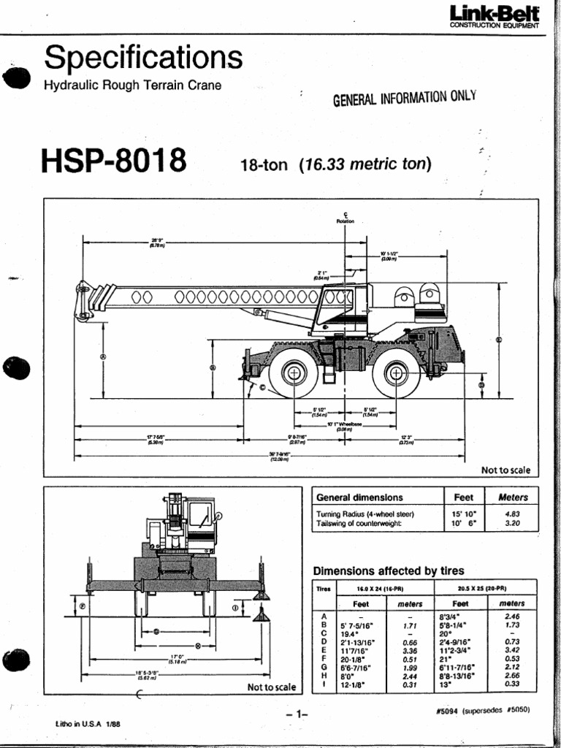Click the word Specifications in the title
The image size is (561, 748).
[x=143, y=57]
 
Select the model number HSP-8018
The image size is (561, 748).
[x=115, y=161]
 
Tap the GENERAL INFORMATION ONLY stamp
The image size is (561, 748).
[x=404, y=98]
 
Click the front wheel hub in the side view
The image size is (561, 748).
[x=294, y=373]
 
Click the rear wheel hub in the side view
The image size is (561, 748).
[x=396, y=373]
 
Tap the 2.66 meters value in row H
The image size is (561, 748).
[x=511, y=676]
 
